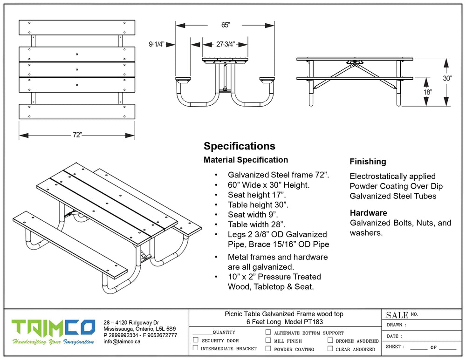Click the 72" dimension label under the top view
pos(77,135)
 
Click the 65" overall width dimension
pos(225,25)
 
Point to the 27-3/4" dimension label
pos(225,45)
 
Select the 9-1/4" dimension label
pos(156,45)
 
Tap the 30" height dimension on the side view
pos(447,78)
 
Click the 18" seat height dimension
pos(428,92)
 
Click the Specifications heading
pos(239,146)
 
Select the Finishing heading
pos(368,162)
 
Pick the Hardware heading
pos(368,213)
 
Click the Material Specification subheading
pos(246,160)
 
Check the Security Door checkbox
pos(195,340)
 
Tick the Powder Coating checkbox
pos(268,348)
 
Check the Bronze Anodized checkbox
pos(330,340)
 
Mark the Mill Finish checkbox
pos(268,340)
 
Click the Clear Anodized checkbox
pos(330,348)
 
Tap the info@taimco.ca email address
pos(122,341)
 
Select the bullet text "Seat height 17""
pos(257,195)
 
